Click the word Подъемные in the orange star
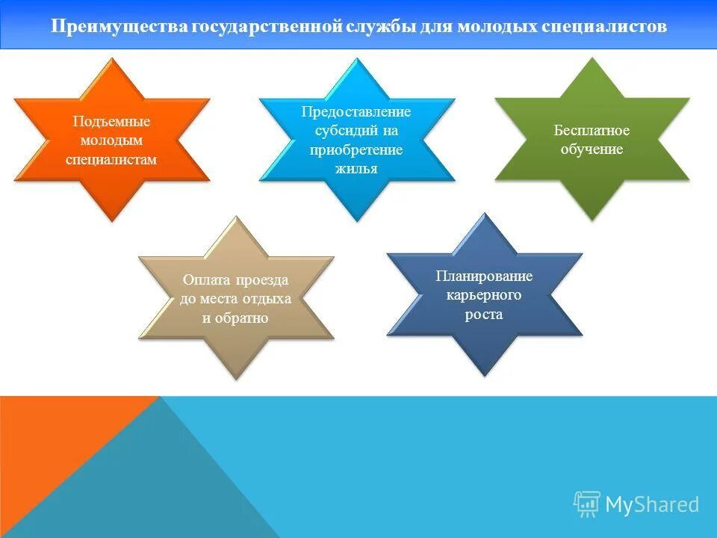[x=112, y=121]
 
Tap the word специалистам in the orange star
[x=112, y=158]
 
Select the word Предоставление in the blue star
[x=356, y=112]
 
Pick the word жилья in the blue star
[x=356, y=168]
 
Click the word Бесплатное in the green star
[x=592, y=131]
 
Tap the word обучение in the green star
[x=592, y=149]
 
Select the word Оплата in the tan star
[x=208, y=280]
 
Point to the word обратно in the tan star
[x=242, y=318]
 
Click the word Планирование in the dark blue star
[x=484, y=276]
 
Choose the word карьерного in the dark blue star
[x=484, y=295]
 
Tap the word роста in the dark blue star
[x=484, y=315]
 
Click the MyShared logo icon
[x=587, y=504]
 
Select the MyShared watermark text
[x=652, y=505]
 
